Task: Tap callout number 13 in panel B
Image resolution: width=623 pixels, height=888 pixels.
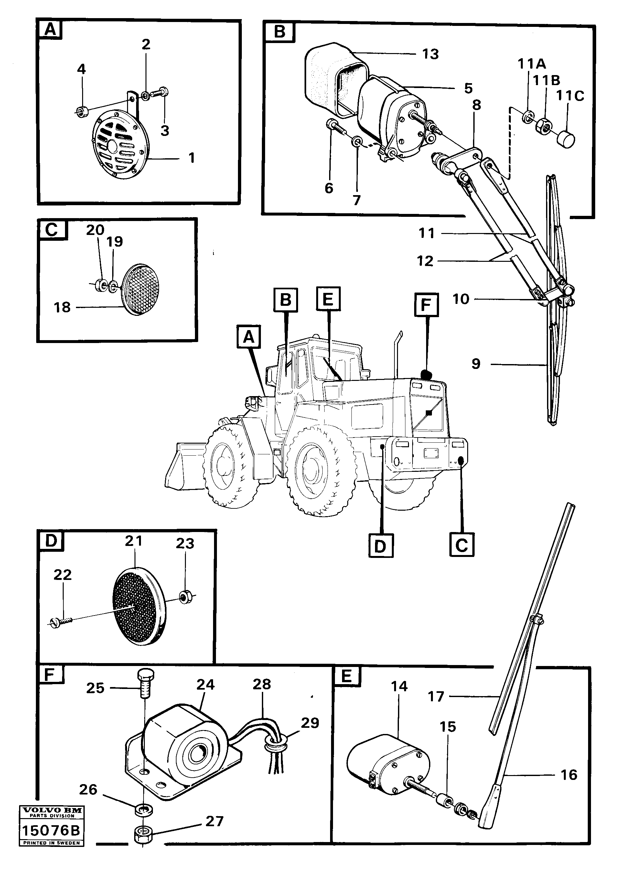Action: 430,54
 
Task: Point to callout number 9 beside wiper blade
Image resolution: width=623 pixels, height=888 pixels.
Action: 476,364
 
